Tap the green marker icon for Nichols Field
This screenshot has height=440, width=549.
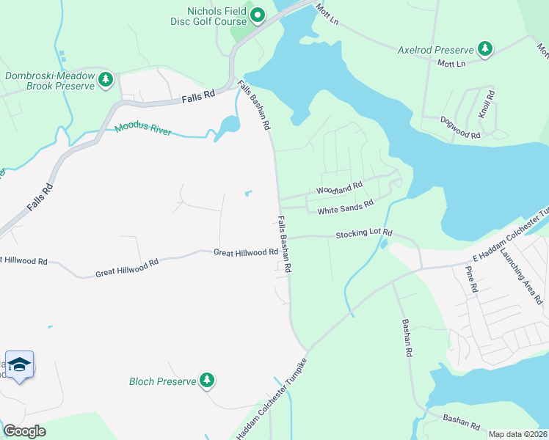pyautogui.click(x=258, y=15)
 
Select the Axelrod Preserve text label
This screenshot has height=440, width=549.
pyautogui.click(x=435, y=50)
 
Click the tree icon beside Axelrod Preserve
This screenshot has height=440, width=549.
pyautogui.click(x=484, y=49)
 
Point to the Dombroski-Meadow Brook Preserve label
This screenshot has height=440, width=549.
pyautogui.click(x=50, y=81)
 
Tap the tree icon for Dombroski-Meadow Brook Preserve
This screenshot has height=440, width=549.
pyautogui.click(x=106, y=79)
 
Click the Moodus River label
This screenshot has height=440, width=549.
pyautogui.click(x=142, y=131)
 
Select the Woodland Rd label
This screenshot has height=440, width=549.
pyautogui.click(x=339, y=188)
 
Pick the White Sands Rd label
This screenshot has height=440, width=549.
pyautogui.click(x=345, y=208)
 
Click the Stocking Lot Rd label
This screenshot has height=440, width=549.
pyautogui.click(x=364, y=234)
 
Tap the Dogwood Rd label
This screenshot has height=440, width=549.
pyautogui.click(x=460, y=127)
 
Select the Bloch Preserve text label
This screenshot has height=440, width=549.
pyautogui.click(x=162, y=381)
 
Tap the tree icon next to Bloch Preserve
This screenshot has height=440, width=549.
pyautogui.click(x=208, y=380)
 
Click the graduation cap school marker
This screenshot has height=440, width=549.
pyautogui.click(x=20, y=364)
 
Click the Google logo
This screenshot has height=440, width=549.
pyautogui.click(x=24, y=431)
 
